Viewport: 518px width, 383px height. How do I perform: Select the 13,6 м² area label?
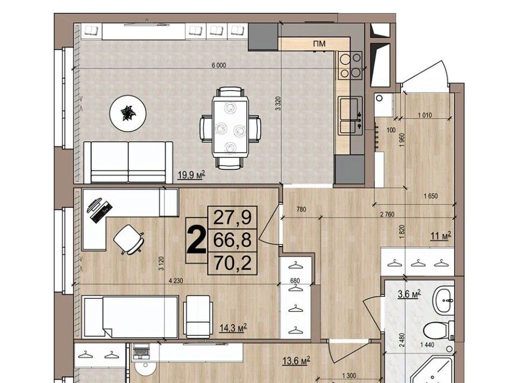click(296, 360)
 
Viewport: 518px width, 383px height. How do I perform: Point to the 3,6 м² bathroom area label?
click(409, 293)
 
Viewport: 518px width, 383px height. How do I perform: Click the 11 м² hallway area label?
click(441, 236)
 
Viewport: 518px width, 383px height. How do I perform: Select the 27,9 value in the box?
click(233, 217)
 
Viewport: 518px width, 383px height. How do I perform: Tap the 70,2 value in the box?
click(233, 263)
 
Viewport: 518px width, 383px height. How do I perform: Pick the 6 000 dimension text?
click(219, 65)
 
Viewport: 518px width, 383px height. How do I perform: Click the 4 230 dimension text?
click(175, 281)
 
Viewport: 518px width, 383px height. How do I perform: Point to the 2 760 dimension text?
click(387, 214)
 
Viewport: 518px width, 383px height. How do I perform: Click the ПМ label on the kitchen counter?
click(319, 44)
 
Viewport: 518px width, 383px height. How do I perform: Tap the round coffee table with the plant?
click(128, 113)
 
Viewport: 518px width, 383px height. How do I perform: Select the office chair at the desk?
click(129, 240)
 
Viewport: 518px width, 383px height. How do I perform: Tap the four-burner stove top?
click(350, 66)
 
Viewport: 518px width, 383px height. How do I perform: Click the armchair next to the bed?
click(198, 316)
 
